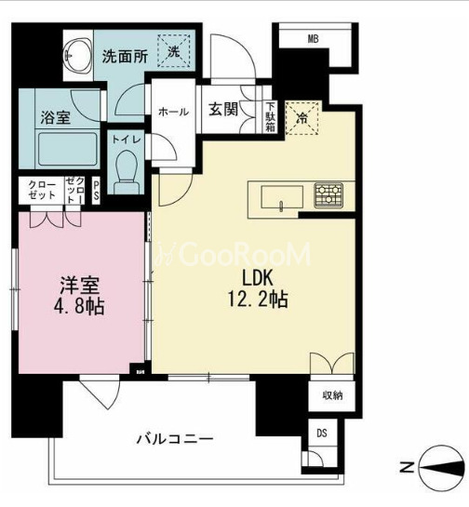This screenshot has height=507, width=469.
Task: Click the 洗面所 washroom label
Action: pos(124,55)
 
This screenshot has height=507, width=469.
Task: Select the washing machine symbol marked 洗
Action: pos(173,51)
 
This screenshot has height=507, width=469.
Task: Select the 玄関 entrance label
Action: pos(223,110)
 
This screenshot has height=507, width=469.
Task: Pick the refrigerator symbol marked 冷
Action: pos(301,117)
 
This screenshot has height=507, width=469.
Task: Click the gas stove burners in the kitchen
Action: pos(328,195)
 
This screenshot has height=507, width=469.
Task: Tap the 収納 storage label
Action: pos(332,395)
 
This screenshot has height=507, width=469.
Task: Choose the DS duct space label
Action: pos(322,432)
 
